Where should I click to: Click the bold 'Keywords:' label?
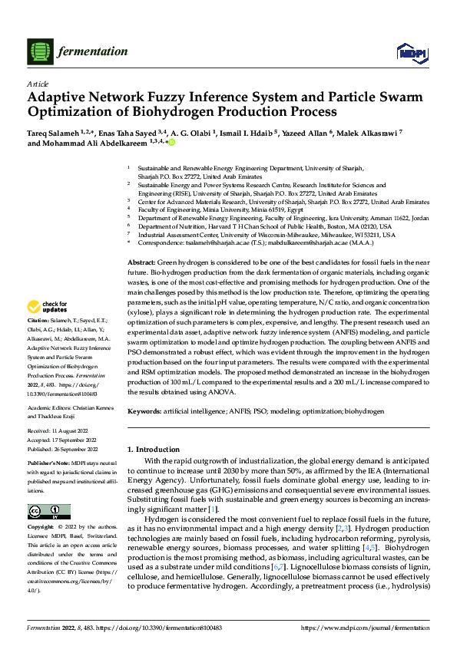(x=146, y=411)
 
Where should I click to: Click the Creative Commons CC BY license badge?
(x=49, y=512)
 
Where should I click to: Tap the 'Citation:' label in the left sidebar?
(x=38, y=340)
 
